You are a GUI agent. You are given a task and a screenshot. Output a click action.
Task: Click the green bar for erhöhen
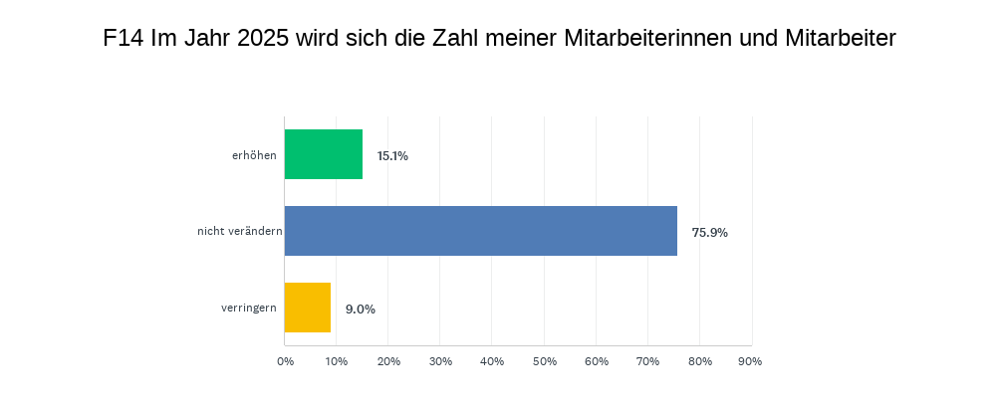[x=324, y=154]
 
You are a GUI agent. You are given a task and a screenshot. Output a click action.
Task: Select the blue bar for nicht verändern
[x=481, y=231]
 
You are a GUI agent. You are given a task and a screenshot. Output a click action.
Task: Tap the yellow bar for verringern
[x=308, y=308]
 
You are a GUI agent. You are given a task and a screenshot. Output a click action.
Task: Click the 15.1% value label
[x=392, y=156]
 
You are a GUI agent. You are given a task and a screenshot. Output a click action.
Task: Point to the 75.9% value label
[x=710, y=233]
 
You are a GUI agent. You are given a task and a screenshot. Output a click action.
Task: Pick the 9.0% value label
[x=361, y=310]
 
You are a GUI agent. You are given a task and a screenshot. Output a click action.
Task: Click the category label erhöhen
[x=254, y=155]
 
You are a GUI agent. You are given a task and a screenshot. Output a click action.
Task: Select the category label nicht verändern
[x=240, y=232]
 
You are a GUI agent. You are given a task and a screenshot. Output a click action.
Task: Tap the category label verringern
[x=249, y=309]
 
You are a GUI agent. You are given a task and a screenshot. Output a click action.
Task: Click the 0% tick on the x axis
[x=285, y=361]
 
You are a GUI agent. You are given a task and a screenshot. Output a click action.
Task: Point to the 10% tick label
[x=337, y=361]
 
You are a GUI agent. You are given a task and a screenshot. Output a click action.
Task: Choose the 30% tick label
[x=440, y=361]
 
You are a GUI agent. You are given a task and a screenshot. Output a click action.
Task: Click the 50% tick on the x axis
[x=544, y=361]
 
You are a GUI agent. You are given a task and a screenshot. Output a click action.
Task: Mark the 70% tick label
[x=647, y=361]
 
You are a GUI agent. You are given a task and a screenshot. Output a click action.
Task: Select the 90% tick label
[x=750, y=361]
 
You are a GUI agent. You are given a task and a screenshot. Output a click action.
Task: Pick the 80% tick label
[x=699, y=361]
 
